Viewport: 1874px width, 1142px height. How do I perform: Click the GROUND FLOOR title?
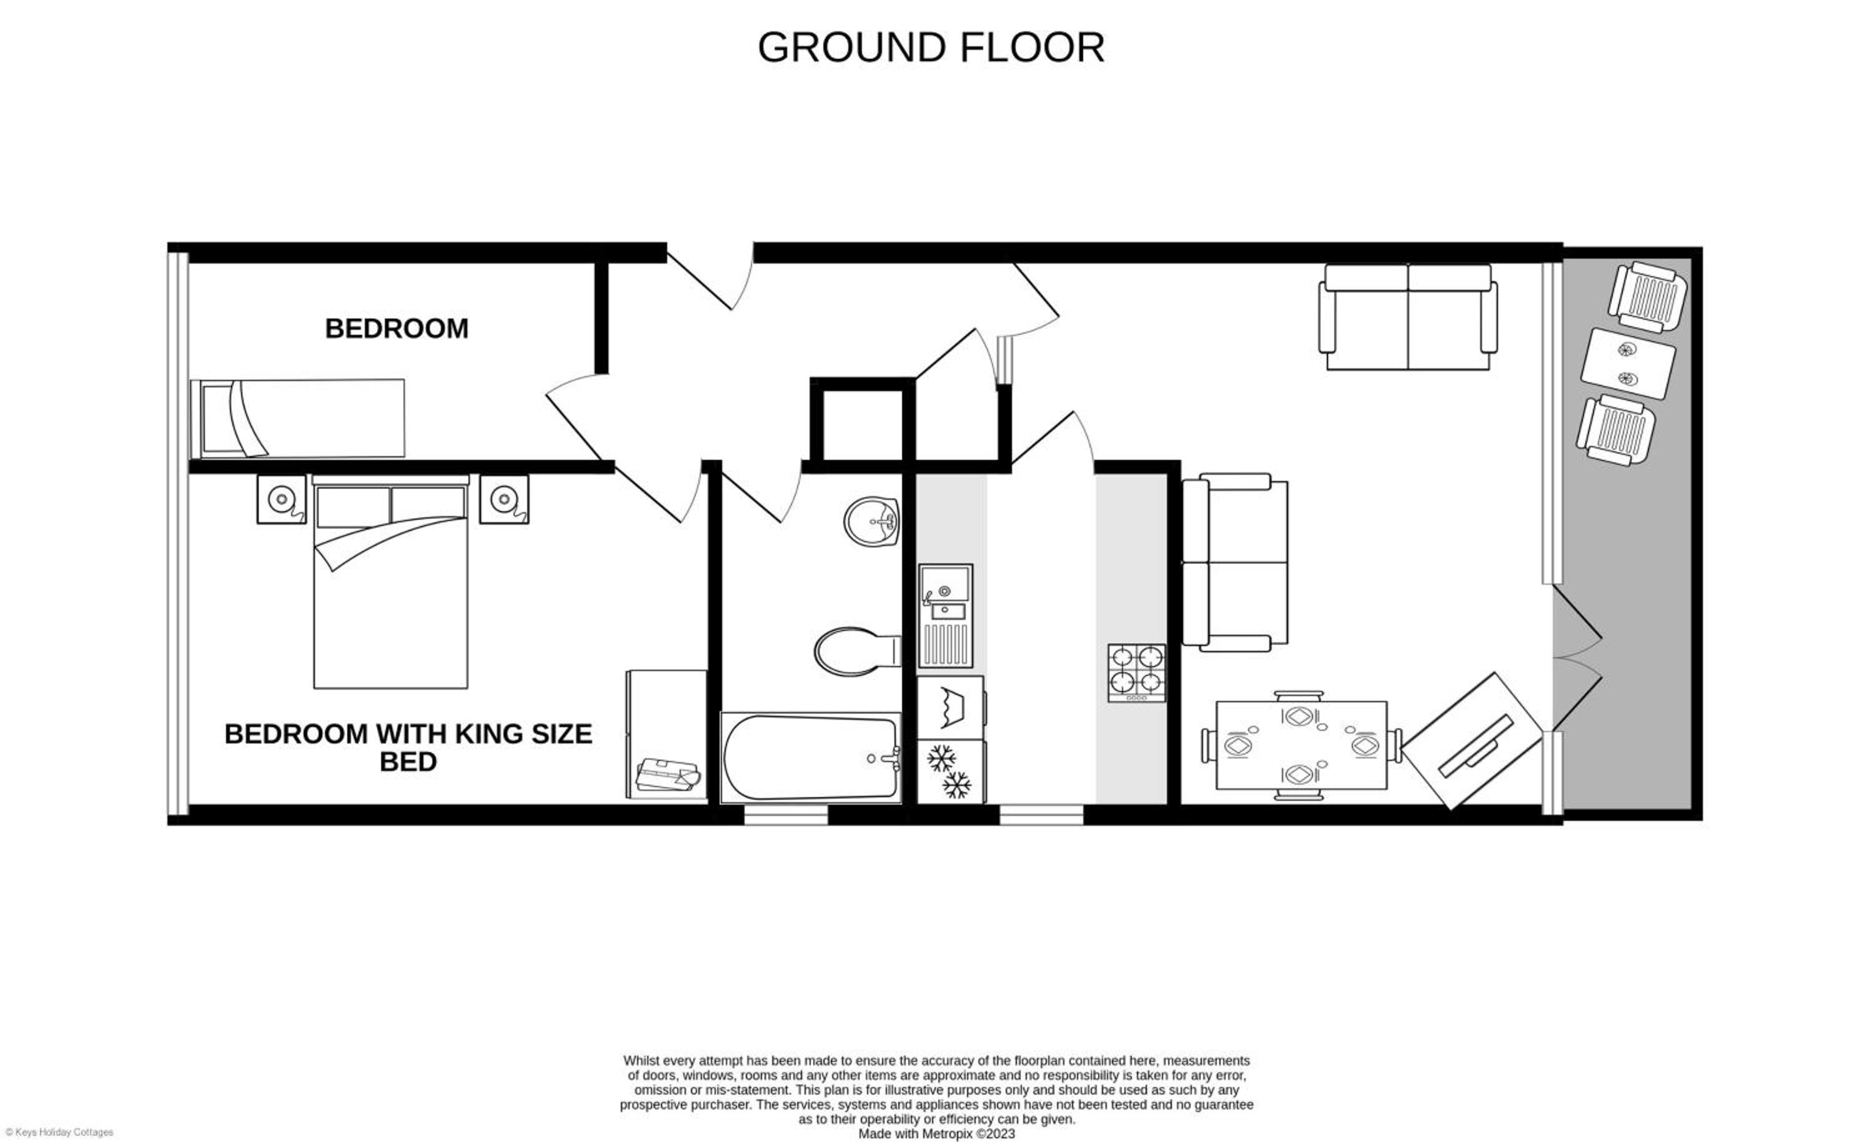[930, 47]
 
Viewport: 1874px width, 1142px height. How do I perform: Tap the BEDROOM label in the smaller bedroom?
[396, 329]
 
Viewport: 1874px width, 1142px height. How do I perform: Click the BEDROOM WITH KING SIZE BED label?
[409, 747]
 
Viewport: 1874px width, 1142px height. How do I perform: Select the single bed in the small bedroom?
[297, 419]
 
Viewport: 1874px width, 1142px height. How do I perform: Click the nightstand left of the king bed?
[281, 499]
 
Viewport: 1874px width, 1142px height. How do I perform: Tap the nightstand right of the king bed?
[503, 499]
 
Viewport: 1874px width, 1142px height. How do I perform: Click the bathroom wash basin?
[871, 521]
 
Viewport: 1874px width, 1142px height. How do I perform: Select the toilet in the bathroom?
[857, 651]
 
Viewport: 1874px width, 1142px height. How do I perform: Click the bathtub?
[811, 757]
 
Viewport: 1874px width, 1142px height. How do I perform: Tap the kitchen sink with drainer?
[945, 615]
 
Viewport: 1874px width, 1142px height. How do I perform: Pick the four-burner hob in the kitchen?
[1136, 673]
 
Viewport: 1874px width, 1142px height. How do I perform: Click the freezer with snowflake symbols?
[951, 772]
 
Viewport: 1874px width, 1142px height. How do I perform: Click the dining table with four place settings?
[1301, 745]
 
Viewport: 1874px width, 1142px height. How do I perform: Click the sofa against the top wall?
[1408, 317]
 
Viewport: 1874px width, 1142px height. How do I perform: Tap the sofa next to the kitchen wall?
[1235, 562]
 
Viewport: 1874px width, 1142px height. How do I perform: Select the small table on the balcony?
[1628, 364]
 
